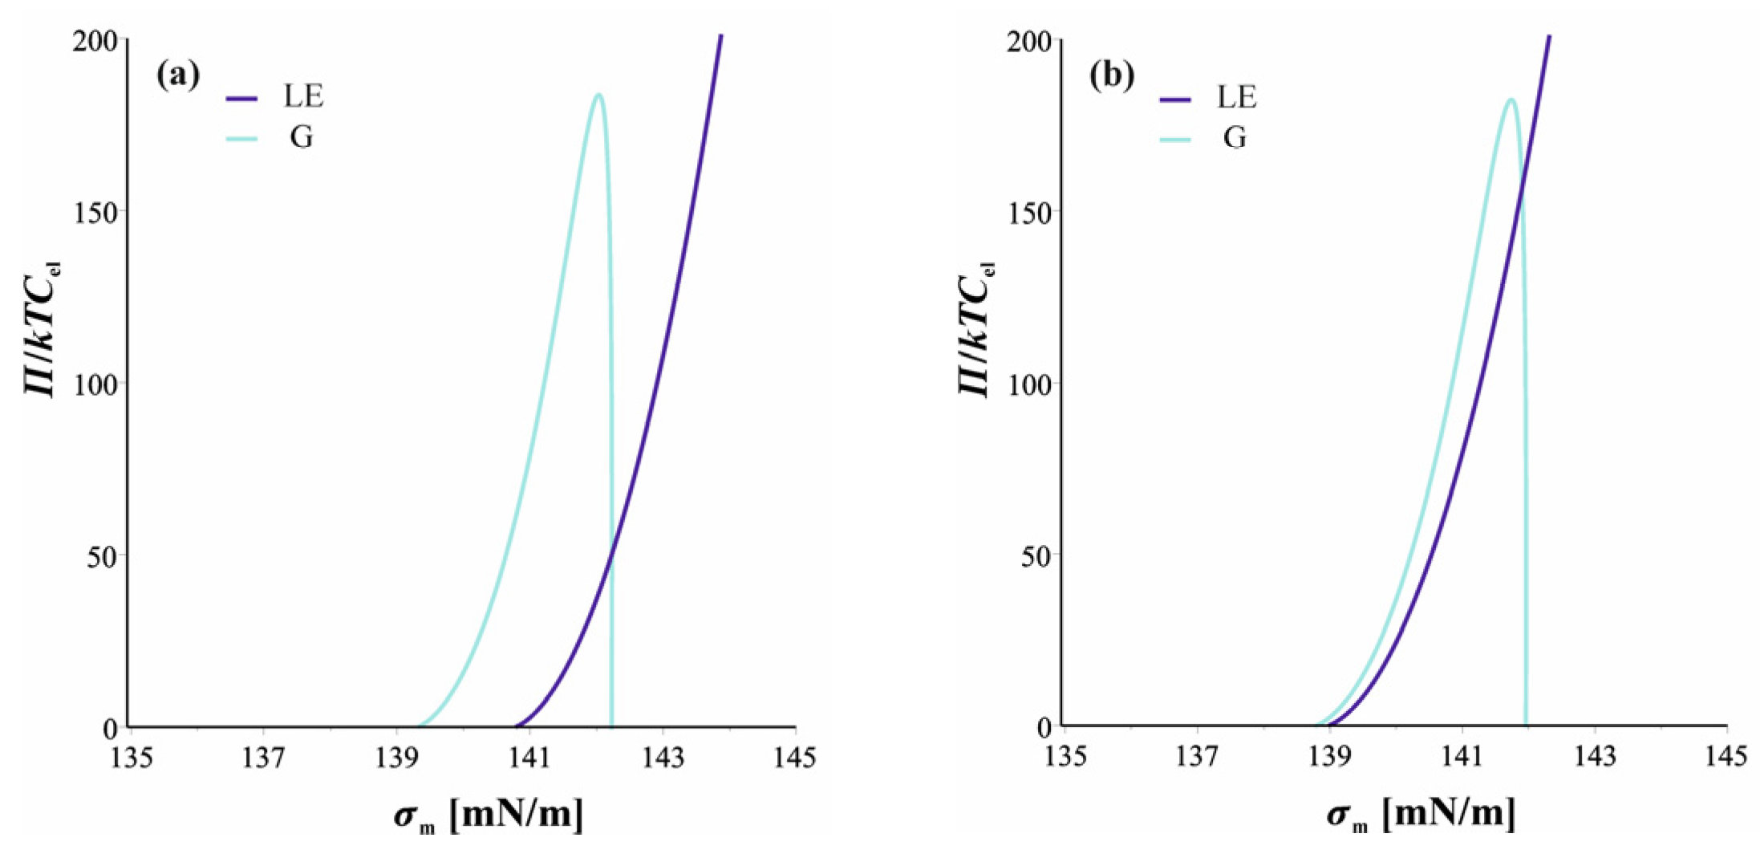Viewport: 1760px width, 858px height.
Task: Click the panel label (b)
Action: tap(1112, 75)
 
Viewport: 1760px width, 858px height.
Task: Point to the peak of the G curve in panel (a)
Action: tap(598, 95)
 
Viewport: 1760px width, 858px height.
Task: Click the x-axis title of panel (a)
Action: tap(489, 815)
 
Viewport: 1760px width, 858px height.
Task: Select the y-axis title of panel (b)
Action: tap(975, 329)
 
